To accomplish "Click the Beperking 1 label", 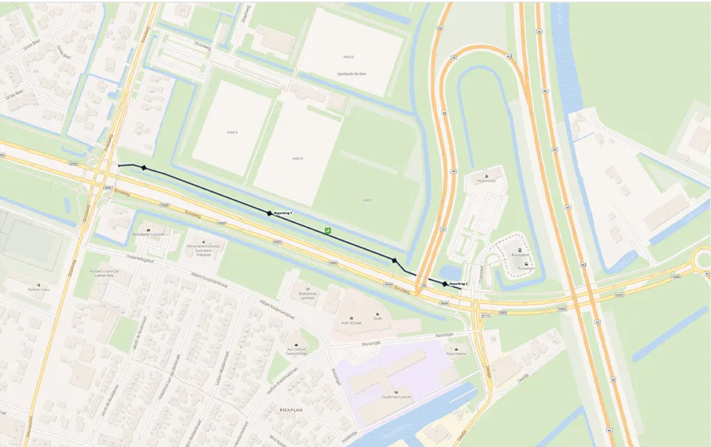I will pos(282,214).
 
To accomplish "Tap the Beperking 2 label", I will pos(458,284).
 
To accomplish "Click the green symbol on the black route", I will pos(327,230).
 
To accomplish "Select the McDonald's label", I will pos(487,181).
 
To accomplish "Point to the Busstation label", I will pos(517,255).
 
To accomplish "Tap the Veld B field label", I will pos(297,159).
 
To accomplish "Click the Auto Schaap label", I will pos(351,323).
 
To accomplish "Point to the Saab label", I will pos(378,318).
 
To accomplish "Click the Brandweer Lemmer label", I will pos(147,234).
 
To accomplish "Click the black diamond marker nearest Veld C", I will pos(394,261).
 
